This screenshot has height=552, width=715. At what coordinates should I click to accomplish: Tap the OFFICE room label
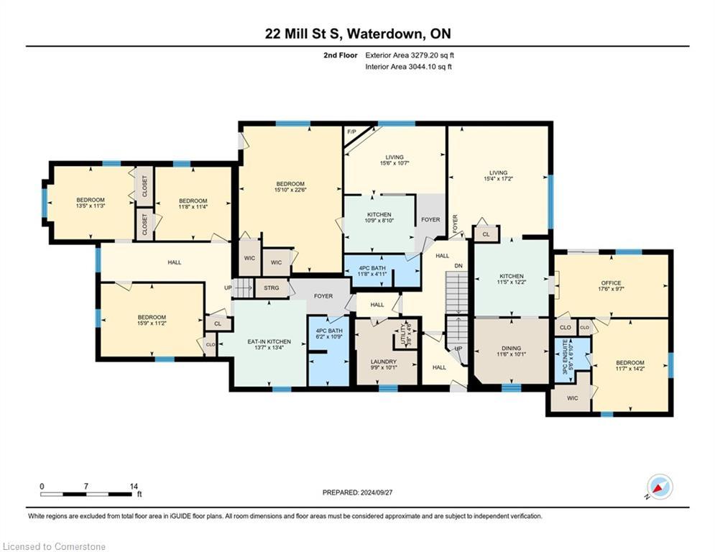(x=611, y=282)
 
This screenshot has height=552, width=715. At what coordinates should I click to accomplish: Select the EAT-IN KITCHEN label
(x=268, y=341)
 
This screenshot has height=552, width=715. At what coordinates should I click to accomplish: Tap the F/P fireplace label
(x=351, y=132)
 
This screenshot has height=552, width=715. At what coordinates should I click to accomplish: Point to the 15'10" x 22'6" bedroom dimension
(x=291, y=190)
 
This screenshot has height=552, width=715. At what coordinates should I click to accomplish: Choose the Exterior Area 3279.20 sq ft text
(x=409, y=55)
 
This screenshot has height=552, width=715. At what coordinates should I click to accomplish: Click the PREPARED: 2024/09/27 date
(x=357, y=492)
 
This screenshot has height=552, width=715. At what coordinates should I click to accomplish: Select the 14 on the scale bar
(x=133, y=487)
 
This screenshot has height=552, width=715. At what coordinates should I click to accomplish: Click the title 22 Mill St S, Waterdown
(x=356, y=34)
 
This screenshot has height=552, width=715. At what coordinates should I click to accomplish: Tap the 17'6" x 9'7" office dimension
(x=611, y=290)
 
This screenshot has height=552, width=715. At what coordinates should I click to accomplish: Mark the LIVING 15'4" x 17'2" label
(x=498, y=176)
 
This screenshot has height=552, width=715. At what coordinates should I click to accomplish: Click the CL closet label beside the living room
(x=486, y=234)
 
